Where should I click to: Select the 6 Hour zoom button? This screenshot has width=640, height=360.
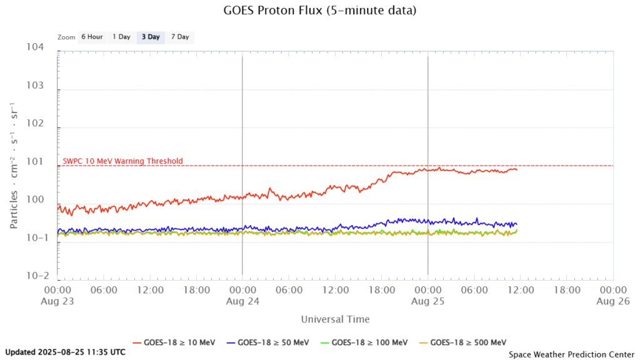[x=92, y=37]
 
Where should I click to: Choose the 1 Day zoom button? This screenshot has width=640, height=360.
[x=121, y=37]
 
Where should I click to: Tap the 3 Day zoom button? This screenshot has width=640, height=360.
[x=151, y=37]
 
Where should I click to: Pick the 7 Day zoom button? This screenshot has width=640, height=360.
[x=179, y=37]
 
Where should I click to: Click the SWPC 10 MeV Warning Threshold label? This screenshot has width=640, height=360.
[x=123, y=161]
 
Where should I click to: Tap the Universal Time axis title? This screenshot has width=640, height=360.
[x=335, y=319]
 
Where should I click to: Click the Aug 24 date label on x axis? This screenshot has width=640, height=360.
[x=242, y=300]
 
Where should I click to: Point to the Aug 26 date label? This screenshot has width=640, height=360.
[x=612, y=300]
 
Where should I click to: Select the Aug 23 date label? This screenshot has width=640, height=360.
[x=57, y=300]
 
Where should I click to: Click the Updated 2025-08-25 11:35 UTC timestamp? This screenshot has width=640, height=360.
[x=65, y=352]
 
